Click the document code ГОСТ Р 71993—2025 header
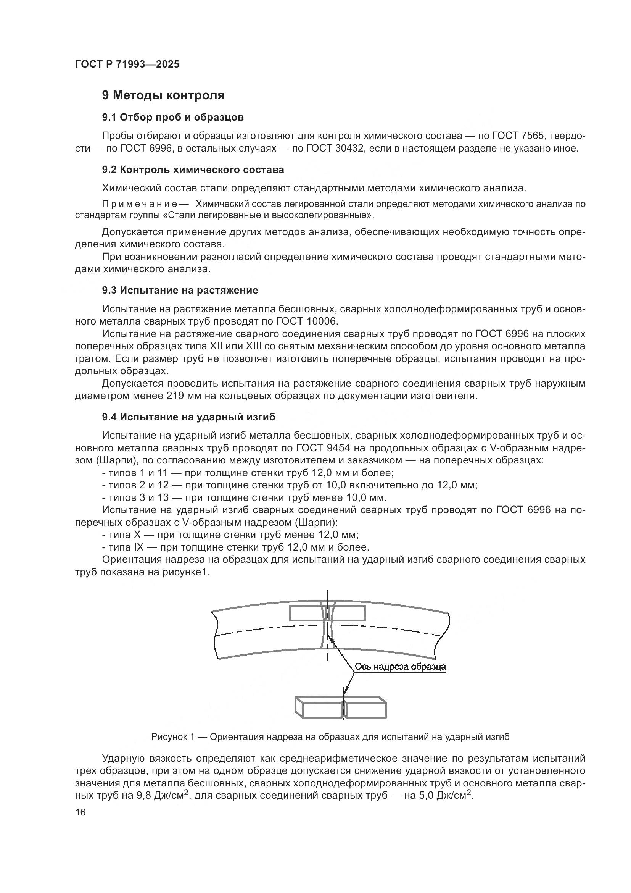[127, 65]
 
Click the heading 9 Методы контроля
[163, 95]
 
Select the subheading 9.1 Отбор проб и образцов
[173, 117]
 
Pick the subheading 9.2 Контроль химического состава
[193, 170]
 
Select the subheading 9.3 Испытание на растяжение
[180, 290]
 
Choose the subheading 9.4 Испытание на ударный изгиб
[188, 417]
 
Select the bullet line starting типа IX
[235, 547]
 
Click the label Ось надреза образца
[400, 667]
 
